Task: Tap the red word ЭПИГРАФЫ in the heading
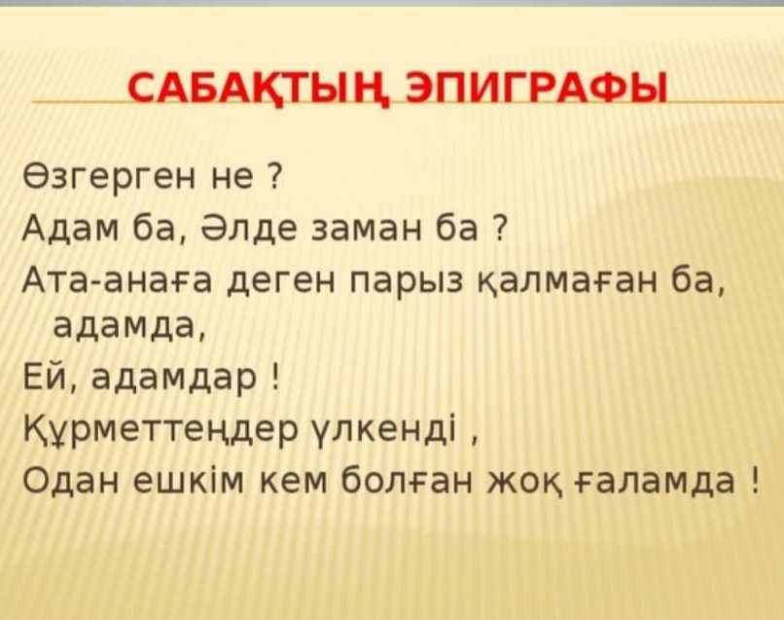pyautogui.click(x=538, y=88)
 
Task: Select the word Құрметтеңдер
pyautogui.click(x=161, y=430)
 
